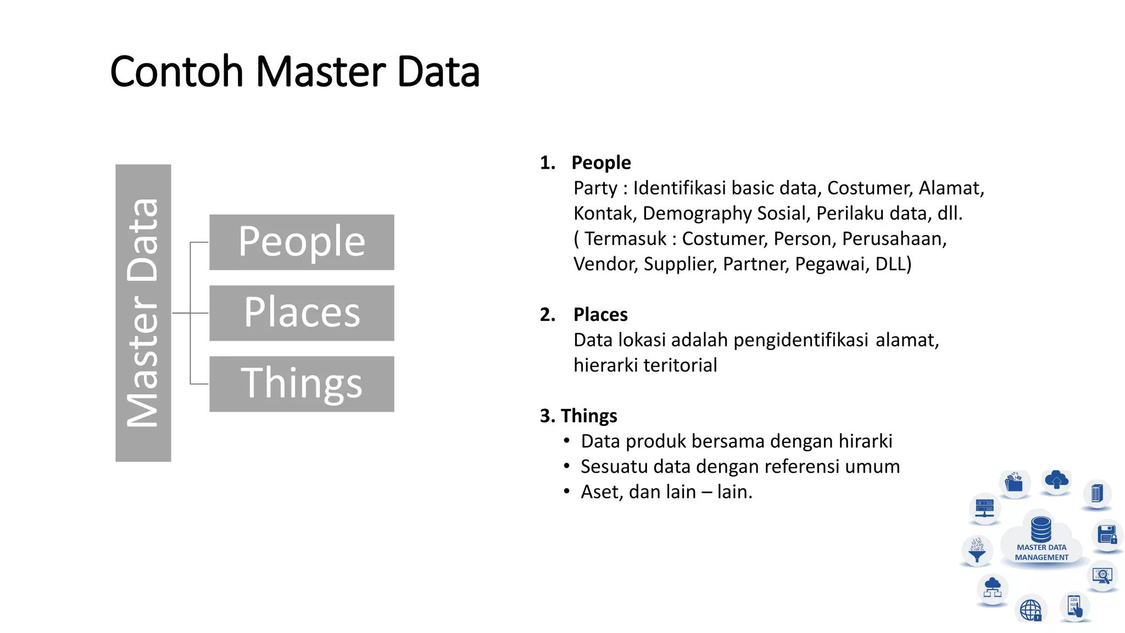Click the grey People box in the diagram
(x=302, y=242)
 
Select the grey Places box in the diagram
(x=302, y=313)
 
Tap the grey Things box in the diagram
(x=302, y=384)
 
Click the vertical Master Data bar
(x=143, y=313)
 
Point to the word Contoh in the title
(x=176, y=72)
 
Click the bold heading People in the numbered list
(x=601, y=163)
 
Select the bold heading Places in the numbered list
(x=600, y=314)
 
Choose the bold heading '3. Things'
(x=578, y=416)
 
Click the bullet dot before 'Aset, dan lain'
(x=566, y=492)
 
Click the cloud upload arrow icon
(x=1056, y=480)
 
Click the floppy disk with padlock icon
(x=1107, y=535)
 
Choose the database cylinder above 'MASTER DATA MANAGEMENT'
(x=1041, y=529)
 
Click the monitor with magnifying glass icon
(x=1102, y=575)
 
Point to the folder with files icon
(x=1013, y=483)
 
